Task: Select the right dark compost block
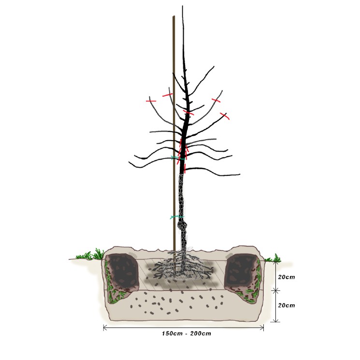pos(242,270)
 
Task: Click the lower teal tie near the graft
pos(177,217)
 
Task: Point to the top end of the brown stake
pos(173,17)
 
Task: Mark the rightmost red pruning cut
pos(225,116)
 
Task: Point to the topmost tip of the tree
pos(183,6)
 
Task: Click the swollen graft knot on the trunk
pos(184,225)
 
